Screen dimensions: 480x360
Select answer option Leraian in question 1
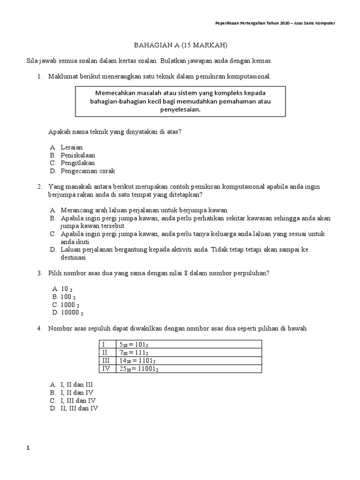click(72, 147)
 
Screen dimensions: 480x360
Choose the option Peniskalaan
click(78, 155)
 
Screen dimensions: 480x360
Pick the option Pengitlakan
click(78, 163)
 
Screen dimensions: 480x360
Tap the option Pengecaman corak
click(88, 171)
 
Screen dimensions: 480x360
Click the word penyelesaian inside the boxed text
click(180, 110)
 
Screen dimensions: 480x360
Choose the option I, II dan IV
click(77, 392)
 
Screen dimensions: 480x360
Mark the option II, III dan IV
click(79, 408)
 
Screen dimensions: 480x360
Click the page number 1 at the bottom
click(28, 448)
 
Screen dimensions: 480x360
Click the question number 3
click(39, 273)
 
